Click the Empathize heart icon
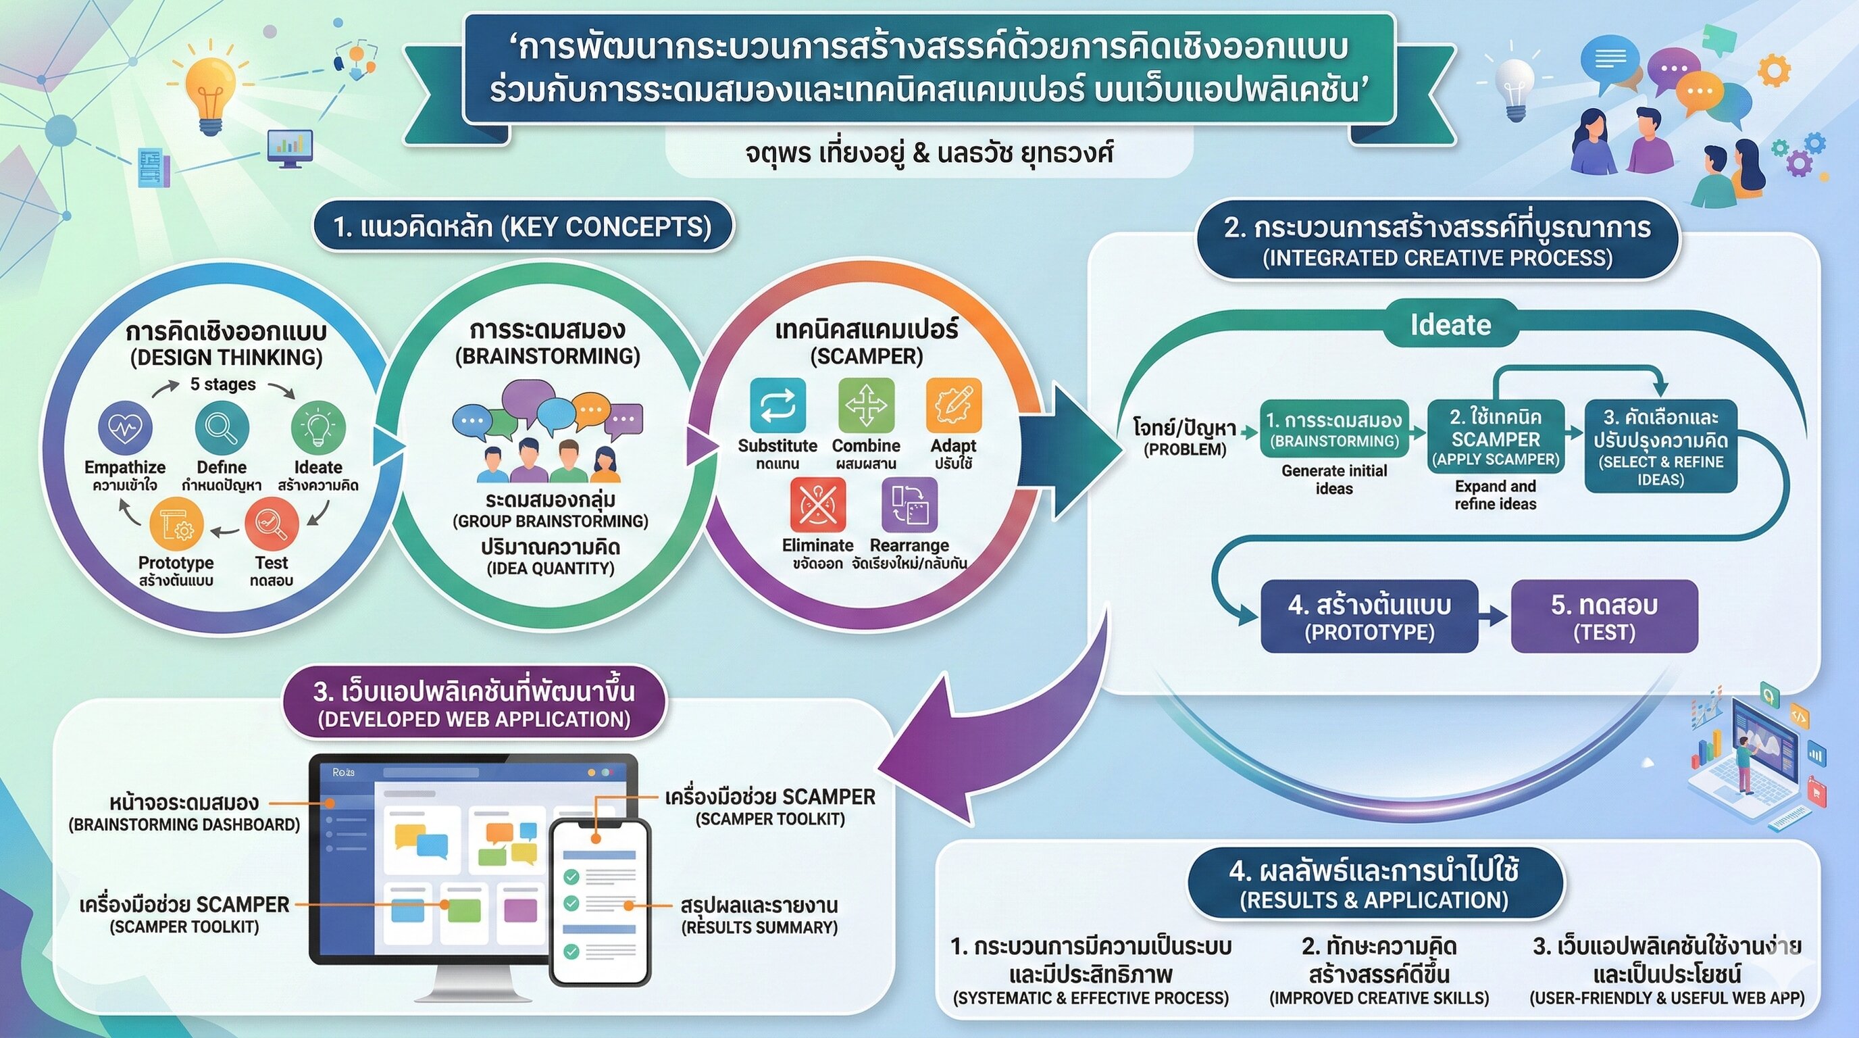pyautogui.click(x=125, y=427)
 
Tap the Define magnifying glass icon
pyautogui.click(x=222, y=427)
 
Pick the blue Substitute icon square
pyautogui.click(x=778, y=405)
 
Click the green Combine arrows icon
pyautogui.click(x=866, y=405)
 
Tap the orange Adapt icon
pyautogui.click(x=953, y=405)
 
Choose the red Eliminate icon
pyautogui.click(x=817, y=505)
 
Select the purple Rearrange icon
pyautogui.click(x=909, y=505)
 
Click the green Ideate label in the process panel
pyautogui.click(x=1450, y=325)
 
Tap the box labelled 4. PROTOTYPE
pyautogui.click(x=1369, y=616)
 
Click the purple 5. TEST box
pyautogui.click(x=1604, y=616)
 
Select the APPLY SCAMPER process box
pyautogui.click(x=1496, y=437)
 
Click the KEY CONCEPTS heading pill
pyautogui.click(x=522, y=226)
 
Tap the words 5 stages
pyautogui.click(x=222, y=384)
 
